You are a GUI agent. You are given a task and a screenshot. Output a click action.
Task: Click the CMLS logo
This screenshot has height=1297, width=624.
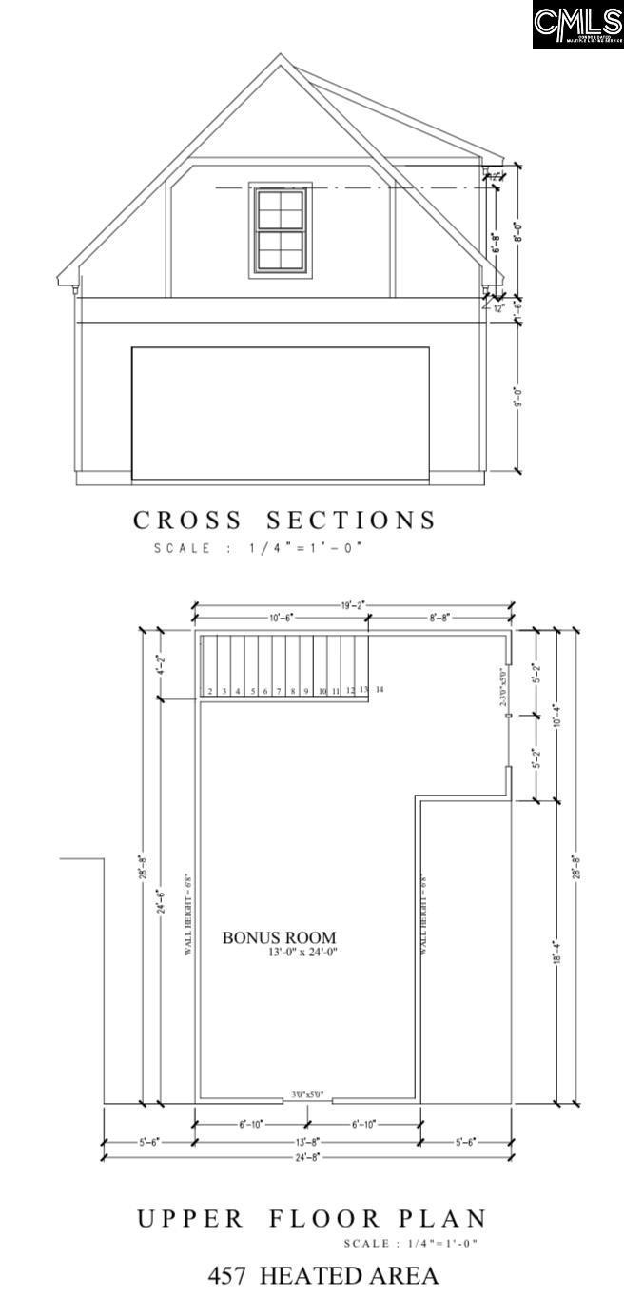(x=577, y=24)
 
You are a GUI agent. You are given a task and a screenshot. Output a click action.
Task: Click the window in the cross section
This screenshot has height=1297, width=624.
(x=281, y=230)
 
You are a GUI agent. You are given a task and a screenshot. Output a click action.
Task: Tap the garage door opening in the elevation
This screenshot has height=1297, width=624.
(x=280, y=413)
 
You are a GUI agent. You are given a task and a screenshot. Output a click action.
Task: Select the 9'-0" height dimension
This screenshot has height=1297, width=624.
(x=519, y=396)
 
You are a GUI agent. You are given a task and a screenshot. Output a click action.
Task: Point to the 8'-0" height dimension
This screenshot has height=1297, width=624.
(x=518, y=232)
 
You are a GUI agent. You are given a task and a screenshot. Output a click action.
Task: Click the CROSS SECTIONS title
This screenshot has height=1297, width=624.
(x=284, y=521)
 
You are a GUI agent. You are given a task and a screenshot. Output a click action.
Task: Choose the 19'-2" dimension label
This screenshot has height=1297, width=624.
(x=353, y=603)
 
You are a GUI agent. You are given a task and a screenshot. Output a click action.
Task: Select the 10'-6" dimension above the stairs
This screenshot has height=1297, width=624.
(x=281, y=618)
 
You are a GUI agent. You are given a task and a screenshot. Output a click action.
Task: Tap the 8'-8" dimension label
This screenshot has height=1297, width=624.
(x=439, y=618)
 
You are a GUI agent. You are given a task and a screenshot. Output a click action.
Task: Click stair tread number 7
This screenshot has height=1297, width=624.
(x=279, y=691)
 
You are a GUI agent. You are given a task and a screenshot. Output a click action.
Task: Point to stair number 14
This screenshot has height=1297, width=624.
(x=379, y=689)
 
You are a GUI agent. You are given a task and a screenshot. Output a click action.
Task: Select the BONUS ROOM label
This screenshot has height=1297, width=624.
(x=279, y=937)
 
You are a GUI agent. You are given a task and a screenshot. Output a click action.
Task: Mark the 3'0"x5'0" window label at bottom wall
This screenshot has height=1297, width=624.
(x=307, y=1094)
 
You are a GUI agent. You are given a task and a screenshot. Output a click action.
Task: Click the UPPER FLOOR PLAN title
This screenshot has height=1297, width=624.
(x=312, y=1219)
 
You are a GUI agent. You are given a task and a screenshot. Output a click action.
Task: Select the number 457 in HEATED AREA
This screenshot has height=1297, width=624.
(x=228, y=1275)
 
